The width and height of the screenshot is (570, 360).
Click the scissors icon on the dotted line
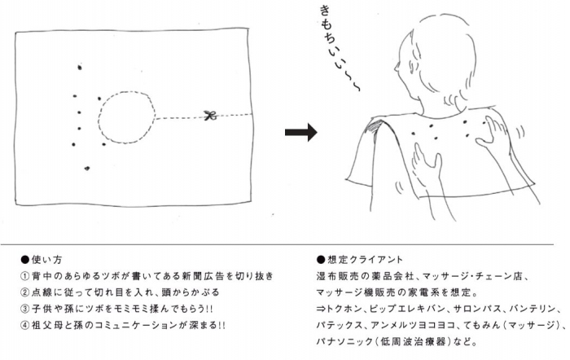click(x=209, y=116)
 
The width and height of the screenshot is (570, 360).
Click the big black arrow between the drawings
click(x=300, y=133)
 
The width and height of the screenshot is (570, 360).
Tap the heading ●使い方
click(x=42, y=258)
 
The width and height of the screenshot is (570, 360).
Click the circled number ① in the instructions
click(x=26, y=275)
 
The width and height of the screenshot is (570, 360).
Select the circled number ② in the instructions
click(x=26, y=292)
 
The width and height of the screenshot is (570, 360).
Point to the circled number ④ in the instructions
click(x=26, y=325)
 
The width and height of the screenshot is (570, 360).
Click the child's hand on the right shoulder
click(x=495, y=130)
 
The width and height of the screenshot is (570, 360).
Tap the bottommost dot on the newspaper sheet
click(x=87, y=169)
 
